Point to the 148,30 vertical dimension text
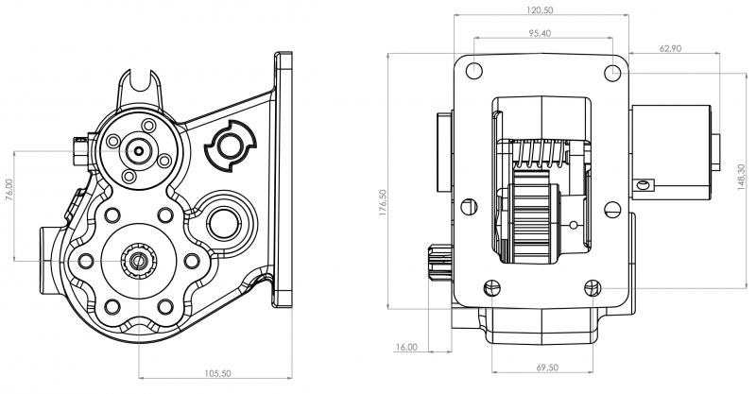740,178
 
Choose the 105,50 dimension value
219,375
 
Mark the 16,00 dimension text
406,348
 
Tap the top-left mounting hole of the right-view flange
473,70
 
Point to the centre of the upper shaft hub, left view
140,148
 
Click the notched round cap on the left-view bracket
230,146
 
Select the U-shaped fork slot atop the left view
146,86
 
